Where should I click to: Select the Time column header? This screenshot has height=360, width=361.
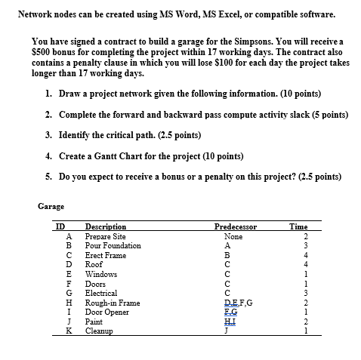[298, 226]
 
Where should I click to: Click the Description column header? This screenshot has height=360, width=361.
[106, 226]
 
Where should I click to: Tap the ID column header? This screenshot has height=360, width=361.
[57, 226]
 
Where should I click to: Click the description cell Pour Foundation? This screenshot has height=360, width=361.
[113, 245]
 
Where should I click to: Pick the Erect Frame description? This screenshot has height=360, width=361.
[106, 255]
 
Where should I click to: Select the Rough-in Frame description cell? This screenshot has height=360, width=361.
[113, 302]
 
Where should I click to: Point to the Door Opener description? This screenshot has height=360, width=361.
[107, 312]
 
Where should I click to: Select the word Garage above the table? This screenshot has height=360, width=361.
[51, 205]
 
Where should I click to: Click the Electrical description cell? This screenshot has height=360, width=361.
[101, 293]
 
